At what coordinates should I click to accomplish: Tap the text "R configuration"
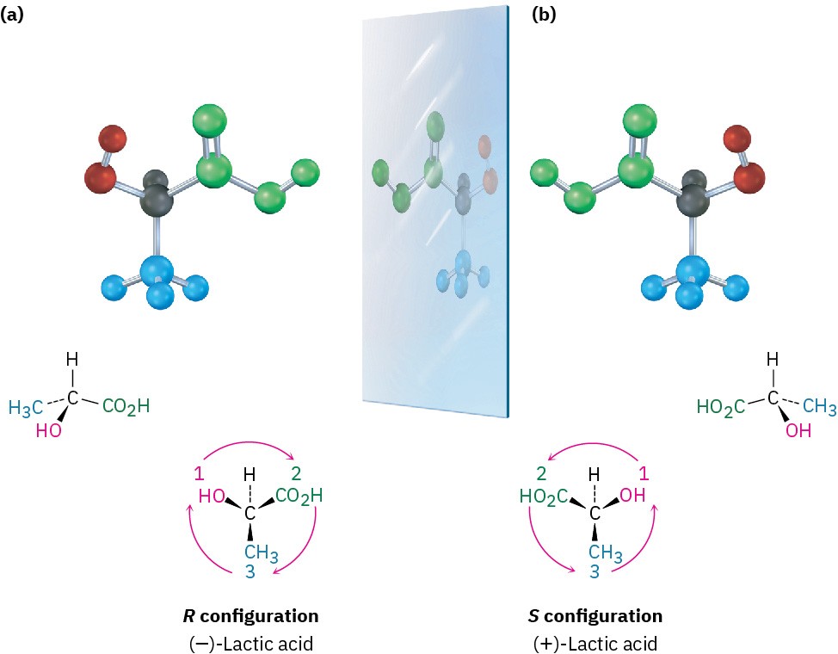pyautogui.click(x=248, y=616)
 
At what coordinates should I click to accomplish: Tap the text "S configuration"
pyautogui.click(x=595, y=616)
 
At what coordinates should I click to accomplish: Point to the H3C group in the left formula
pyautogui.click(x=26, y=408)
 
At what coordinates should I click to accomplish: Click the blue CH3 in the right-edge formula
pyautogui.click(x=819, y=405)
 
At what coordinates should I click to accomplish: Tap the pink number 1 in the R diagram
pyautogui.click(x=198, y=472)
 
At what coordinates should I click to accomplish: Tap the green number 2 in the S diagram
pyautogui.click(x=542, y=472)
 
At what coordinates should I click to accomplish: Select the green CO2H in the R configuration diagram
pyautogui.click(x=300, y=496)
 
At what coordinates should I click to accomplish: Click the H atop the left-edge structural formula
pyautogui.click(x=74, y=360)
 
